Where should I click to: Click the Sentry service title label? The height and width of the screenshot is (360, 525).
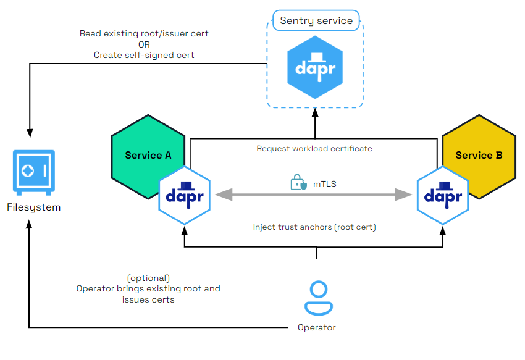316,21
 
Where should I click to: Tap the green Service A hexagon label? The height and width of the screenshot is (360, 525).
148,155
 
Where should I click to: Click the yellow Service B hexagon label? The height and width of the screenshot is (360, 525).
479,155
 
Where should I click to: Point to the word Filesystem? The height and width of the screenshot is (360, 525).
33,207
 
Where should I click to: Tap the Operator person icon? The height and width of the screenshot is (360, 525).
317,298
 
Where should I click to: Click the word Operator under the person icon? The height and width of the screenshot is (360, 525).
317,327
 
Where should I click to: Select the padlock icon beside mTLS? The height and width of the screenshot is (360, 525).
298,183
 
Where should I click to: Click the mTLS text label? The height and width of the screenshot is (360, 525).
323,183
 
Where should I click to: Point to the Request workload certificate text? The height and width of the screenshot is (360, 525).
314,149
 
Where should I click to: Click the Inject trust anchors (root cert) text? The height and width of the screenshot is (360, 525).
314,227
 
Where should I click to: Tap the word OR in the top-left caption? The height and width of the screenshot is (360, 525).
144,44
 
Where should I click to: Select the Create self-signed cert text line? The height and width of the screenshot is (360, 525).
144,55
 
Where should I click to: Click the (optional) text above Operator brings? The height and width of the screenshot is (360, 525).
148,278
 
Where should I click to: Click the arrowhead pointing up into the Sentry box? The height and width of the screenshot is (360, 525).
314,114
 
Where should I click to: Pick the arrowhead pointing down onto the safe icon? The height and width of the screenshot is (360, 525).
29,132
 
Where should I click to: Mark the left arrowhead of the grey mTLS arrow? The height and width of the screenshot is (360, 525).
221,195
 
